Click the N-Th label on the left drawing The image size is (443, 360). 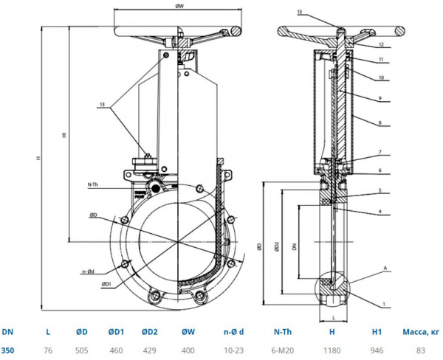[x=94, y=184]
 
